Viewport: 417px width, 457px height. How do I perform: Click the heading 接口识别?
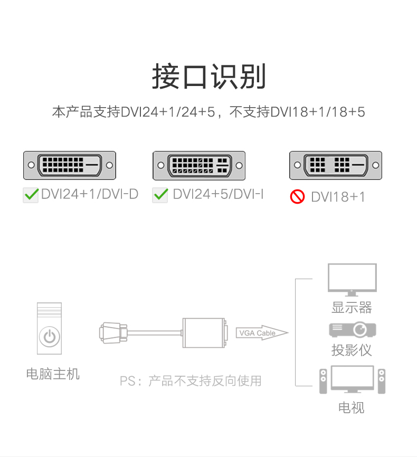pyautogui.click(x=209, y=77)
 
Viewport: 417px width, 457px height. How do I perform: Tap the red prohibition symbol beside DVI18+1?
pyautogui.click(x=297, y=197)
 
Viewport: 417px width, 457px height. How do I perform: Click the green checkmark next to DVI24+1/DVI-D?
pyautogui.click(x=31, y=195)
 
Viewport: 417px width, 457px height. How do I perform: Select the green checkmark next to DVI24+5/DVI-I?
pyautogui.click(x=160, y=195)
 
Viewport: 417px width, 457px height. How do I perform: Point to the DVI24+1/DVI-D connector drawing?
pyautogui.click(x=69, y=165)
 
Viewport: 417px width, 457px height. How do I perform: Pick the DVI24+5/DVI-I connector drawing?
pyautogui.click(x=199, y=166)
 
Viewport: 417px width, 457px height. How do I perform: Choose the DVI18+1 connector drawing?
pyautogui.click(x=335, y=165)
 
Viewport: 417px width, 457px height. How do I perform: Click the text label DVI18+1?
pyautogui.click(x=338, y=197)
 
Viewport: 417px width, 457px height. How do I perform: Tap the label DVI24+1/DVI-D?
pyautogui.click(x=90, y=194)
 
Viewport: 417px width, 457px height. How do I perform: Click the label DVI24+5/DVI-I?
pyautogui.click(x=218, y=194)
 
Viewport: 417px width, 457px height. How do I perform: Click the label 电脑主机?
pyautogui.click(x=53, y=374)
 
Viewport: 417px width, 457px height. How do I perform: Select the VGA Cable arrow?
pyautogui.click(x=262, y=333)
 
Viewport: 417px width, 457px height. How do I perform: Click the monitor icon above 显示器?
pyautogui.click(x=352, y=279)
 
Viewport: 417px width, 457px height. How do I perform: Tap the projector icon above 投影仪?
pyautogui.click(x=352, y=329)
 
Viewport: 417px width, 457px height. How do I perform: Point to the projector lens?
pyautogui.click(x=361, y=330)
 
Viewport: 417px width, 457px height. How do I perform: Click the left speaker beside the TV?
pyautogui.click(x=324, y=380)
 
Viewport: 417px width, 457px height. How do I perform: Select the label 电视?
pyautogui.click(x=352, y=407)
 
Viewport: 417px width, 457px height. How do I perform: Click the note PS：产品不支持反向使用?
pyautogui.click(x=191, y=380)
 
